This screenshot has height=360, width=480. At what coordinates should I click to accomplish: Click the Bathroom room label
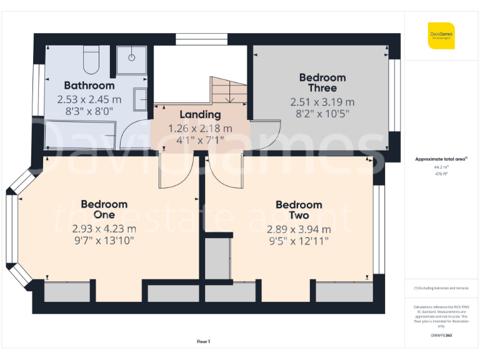pyautogui.click(x=89, y=86)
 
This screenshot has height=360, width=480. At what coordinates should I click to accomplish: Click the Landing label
pyautogui.click(x=200, y=114)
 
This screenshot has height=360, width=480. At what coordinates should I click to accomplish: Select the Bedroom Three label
pyautogui.click(x=322, y=82)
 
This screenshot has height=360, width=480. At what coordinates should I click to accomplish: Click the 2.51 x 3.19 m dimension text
pyautogui.click(x=322, y=102)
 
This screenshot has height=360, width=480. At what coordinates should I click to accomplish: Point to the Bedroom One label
pyautogui.click(x=104, y=209)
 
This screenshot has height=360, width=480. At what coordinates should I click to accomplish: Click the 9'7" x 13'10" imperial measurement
pyautogui.click(x=104, y=240)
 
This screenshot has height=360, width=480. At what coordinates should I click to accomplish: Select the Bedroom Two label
pyautogui.click(x=299, y=210)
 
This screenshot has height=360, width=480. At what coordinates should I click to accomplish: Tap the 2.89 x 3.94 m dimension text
pyautogui.click(x=299, y=229)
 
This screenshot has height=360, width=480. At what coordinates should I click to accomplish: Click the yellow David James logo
pyautogui.click(x=441, y=36)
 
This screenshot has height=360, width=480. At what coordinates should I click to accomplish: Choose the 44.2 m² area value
pyautogui.click(x=441, y=167)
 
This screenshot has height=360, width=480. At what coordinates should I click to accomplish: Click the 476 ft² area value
pyautogui.click(x=441, y=174)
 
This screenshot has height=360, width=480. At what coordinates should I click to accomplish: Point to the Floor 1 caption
pyautogui.click(x=204, y=341)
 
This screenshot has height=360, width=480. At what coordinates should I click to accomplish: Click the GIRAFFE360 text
pyautogui.click(x=441, y=336)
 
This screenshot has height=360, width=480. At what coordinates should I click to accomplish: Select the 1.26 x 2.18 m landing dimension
pyautogui.click(x=200, y=128)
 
